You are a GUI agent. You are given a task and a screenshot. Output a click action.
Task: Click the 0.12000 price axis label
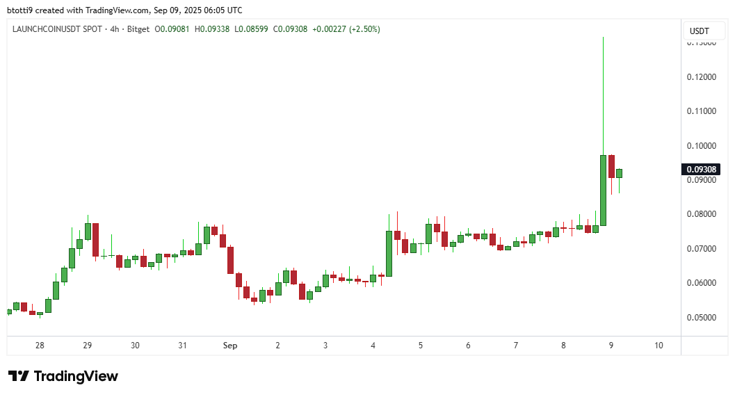pos(701,76)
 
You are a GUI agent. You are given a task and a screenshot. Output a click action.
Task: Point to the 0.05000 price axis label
pos(701,317)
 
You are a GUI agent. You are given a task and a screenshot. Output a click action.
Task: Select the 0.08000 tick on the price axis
pos(701,214)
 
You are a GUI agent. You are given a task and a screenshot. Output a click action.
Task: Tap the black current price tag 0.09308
pos(702,169)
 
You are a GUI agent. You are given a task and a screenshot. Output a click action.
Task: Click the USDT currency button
pos(699,31)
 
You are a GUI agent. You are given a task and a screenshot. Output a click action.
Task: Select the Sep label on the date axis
pos(229,346)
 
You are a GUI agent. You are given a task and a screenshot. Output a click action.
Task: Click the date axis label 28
pos(40,346)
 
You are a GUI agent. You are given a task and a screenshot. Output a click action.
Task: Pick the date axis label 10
pos(659,346)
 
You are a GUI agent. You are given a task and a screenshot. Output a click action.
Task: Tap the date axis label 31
pos(182,346)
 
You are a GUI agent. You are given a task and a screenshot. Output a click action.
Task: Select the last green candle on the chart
pos(619,173)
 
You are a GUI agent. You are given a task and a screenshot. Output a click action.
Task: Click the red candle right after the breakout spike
pos(611,166)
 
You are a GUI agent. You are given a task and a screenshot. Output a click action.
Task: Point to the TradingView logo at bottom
pos(63,376)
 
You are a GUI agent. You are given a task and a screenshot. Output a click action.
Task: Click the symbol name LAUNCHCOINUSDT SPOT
pos(58,29)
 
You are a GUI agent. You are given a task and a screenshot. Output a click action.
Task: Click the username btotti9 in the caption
pos(21,10)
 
